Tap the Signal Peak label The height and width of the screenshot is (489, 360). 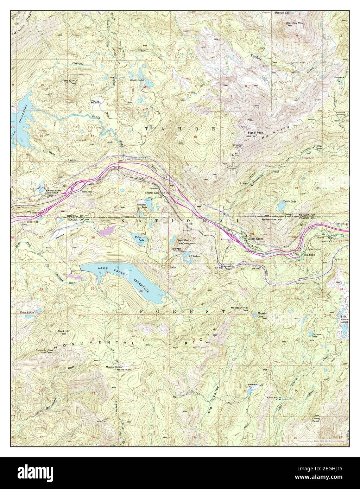click(x=255, y=133)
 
